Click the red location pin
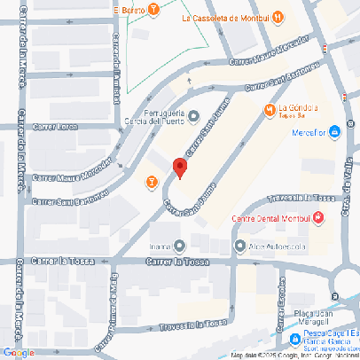179,168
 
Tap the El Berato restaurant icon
154,10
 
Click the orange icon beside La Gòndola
270,110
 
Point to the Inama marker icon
180,246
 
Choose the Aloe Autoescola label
271,247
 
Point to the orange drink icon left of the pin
151,182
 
